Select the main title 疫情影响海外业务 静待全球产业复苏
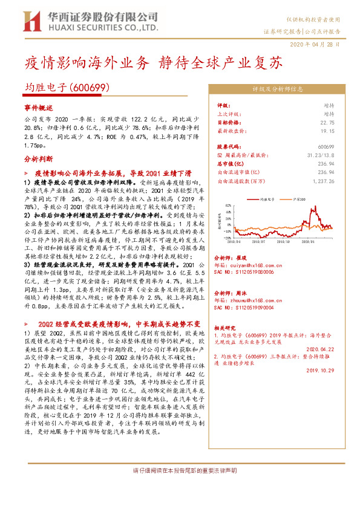coord(153,62)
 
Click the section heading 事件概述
coord(39,106)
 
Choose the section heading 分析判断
coord(39,159)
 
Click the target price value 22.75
coord(327,122)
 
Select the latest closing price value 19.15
coord(327,130)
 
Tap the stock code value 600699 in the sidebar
coord(326,147)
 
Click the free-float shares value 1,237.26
coord(323,181)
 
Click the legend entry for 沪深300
coord(302,198)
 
